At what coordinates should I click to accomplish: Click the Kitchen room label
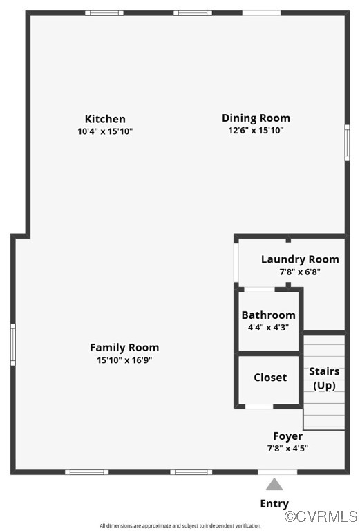pos(105,119)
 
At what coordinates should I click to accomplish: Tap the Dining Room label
pos(256,118)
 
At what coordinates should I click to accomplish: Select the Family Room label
pos(124,347)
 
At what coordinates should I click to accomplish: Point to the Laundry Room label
pos(300,259)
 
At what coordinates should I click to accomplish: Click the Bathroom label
pos(268,315)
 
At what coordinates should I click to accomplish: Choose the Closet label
pos(270,377)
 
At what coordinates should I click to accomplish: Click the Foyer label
pos(287,436)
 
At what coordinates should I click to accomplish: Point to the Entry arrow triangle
pos(274,484)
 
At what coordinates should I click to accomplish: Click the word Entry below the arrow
pos(274,503)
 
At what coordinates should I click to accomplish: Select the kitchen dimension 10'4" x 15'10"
pos(105,131)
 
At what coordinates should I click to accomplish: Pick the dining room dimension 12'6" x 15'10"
pos(256,130)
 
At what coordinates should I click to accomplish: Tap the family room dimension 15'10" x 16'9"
pos(124,360)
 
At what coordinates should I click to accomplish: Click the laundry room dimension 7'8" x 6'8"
pos(300,272)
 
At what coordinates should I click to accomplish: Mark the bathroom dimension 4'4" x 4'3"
pos(268,327)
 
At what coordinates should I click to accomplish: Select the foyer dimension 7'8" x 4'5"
pos(287,448)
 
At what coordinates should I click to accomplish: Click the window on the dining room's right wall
pos(347,142)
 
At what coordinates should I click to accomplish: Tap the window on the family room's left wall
pos(12,344)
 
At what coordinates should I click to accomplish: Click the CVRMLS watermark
pos(321,516)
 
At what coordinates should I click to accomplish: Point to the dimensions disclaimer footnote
pos(180,526)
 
